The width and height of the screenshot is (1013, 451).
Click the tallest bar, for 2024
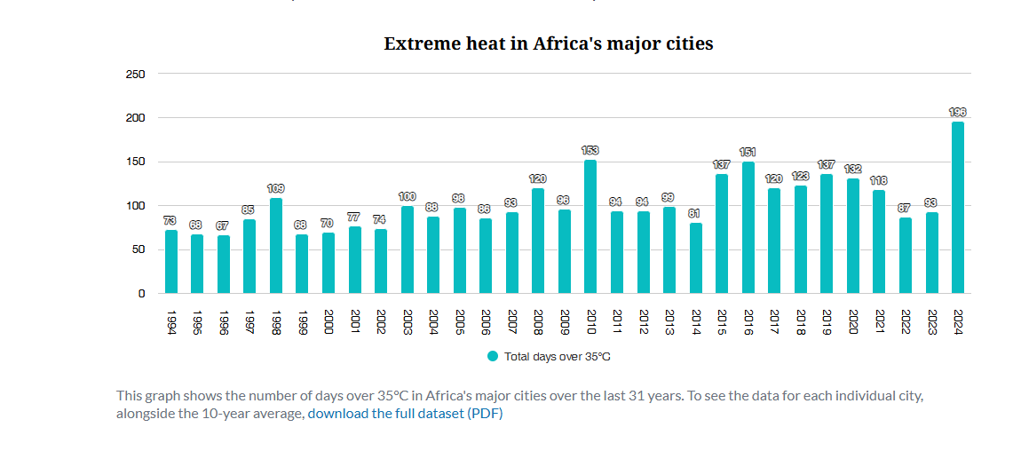tap(957, 208)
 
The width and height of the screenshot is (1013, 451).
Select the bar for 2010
tap(590, 226)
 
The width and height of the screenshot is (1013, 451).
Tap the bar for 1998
tap(275, 246)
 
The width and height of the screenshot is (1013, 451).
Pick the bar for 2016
tap(748, 227)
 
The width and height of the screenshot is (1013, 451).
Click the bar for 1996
tap(223, 265)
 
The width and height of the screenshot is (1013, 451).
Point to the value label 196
tap(957, 113)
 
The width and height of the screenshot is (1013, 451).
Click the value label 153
tap(590, 151)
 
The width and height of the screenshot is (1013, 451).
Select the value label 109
tap(275, 189)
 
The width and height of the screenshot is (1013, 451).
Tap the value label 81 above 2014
tap(695, 214)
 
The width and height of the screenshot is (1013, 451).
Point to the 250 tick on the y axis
tap(135, 74)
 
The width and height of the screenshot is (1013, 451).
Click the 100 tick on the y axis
tap(135, 206)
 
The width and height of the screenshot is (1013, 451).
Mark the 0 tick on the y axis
tap(140, 294)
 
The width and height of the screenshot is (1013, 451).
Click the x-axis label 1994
tap(170, 321)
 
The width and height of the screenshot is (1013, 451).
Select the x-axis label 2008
tap(538, 321)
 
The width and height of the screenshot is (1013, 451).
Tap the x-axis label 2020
tap(852, 321)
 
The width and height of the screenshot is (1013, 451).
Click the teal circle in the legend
tap(493, 356)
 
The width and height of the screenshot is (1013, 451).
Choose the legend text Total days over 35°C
tap(558, 357)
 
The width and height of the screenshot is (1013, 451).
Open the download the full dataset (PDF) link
tap(405, 414)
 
